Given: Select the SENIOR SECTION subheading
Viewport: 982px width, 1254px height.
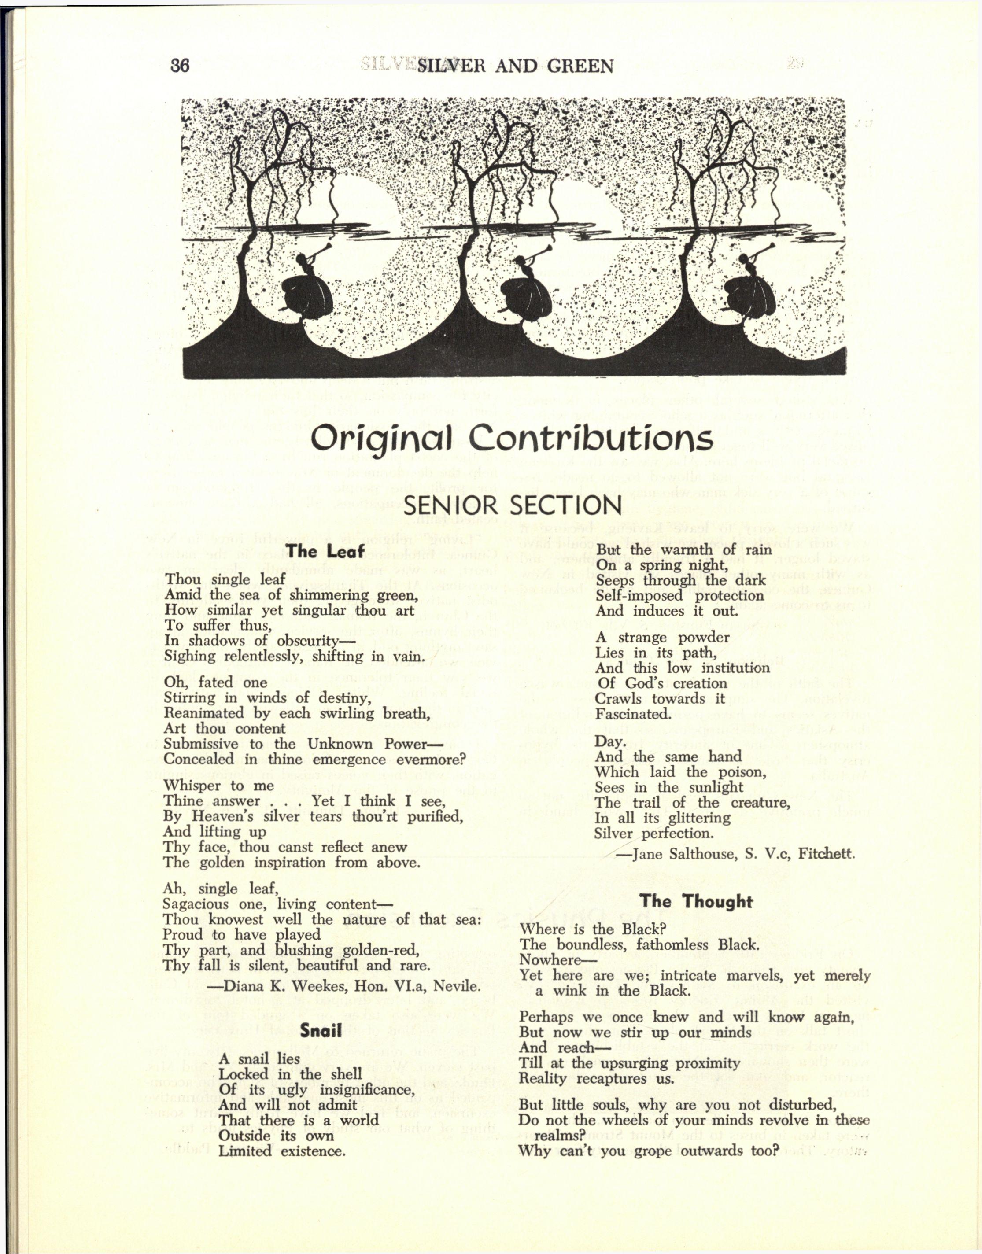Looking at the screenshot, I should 512,506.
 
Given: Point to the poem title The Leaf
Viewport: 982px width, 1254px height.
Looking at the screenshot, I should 326,551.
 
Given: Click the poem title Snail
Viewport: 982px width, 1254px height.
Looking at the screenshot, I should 321,1030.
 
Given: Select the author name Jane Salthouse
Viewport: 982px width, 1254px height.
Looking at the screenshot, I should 684,854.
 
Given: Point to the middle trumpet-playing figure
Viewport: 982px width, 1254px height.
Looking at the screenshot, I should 524,290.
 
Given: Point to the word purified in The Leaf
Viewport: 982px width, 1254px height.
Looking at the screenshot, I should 435,816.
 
